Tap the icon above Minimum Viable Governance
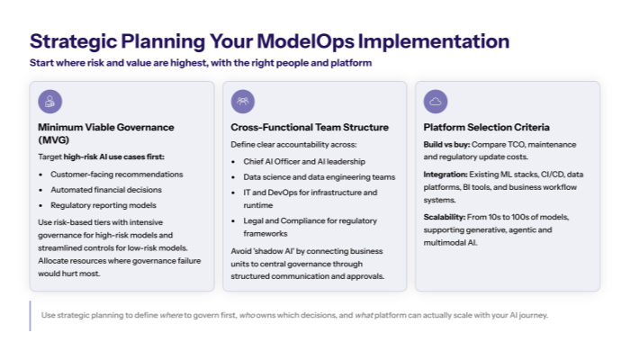50,101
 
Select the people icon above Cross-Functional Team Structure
243,101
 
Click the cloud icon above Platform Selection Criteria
436,101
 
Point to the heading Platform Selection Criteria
486,127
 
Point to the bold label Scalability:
447,217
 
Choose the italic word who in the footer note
247,315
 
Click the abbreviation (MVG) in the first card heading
54,140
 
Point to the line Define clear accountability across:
281,144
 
